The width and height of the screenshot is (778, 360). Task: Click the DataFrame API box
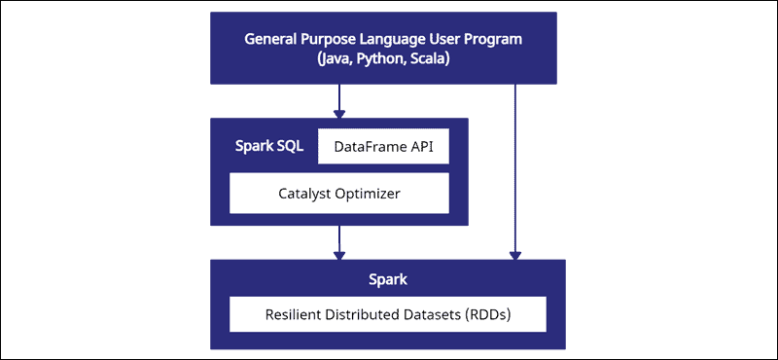[x=383, y=147]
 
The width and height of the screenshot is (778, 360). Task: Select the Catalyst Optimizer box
[x=338, y=193]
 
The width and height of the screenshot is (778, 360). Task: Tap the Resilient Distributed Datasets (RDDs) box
[x=387, y=315]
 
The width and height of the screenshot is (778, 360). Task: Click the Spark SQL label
[x=269, y=147]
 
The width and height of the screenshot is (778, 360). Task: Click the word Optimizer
[x=368, y=193]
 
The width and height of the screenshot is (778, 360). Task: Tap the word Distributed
[x=366, y=315]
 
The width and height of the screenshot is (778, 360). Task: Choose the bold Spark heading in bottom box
[x=387, y=280]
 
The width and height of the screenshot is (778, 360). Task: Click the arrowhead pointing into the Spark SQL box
[x=339, y=113]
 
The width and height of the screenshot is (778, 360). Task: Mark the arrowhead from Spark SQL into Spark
[x=339, y=255]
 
